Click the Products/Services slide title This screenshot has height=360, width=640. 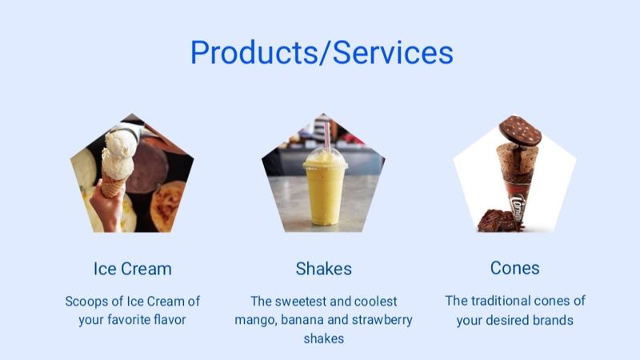322,52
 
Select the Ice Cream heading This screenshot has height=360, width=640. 132,269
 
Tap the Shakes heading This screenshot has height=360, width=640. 324,269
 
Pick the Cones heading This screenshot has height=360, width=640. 514,268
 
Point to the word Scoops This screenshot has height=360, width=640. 86,302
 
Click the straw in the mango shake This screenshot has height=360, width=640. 327,136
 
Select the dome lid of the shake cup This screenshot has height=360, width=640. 326,158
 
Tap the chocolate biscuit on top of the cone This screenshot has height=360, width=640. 520,130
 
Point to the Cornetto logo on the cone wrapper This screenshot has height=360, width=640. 518,207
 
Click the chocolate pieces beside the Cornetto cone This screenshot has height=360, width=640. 495,221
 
